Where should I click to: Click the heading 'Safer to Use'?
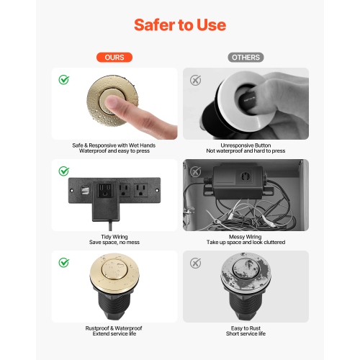pos(180,25)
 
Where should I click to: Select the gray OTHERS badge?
pos(246,57)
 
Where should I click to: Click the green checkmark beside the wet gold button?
pos(64,79)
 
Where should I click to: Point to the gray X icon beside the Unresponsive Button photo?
pos(195,79)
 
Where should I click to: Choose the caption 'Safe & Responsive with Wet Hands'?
pos(114,145)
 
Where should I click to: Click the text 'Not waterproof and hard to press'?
pos(246,151)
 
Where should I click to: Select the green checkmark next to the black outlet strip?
pos(64,171)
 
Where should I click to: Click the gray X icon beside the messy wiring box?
pos(195,171)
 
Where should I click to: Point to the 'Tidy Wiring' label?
pos(114,236)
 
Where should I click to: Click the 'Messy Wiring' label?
pos(246,236)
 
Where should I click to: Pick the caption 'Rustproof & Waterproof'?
pos(114,328)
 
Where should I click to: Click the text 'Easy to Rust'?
pos(246,328)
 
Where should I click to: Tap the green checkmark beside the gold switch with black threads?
pos(64,262)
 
